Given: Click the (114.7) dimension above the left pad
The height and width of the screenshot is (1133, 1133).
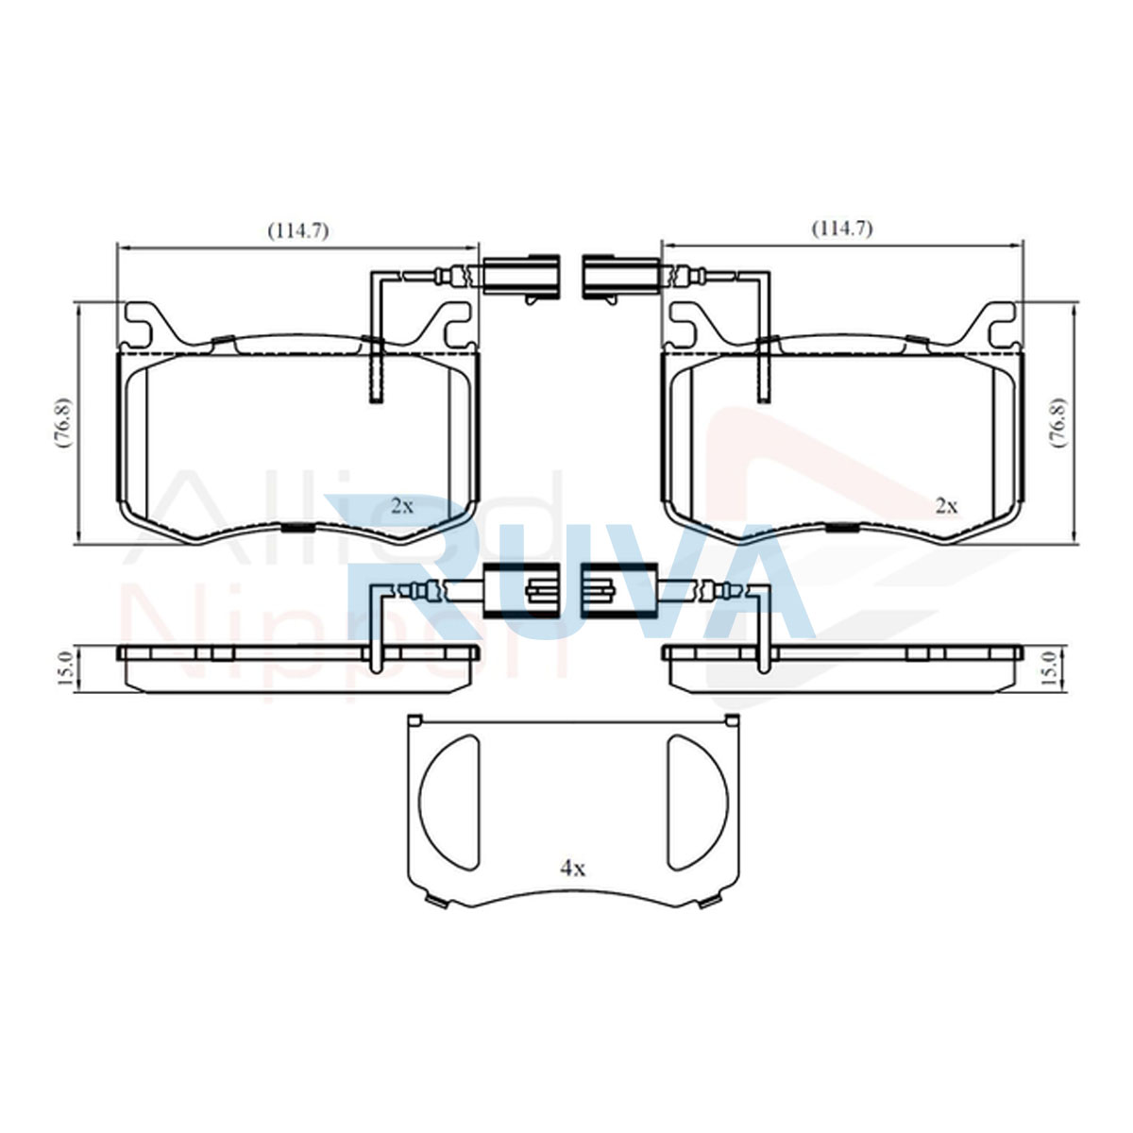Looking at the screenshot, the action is click(x=298, y=231).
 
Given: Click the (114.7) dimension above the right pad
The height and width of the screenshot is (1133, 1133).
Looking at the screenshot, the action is click(x=842, y=228).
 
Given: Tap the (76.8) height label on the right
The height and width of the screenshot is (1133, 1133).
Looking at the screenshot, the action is click(x=1059, y=423).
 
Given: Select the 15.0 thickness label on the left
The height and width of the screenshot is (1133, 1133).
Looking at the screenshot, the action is click(x=65, y=668).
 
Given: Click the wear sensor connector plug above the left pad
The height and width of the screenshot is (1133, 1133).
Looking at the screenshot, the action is click(x=521, y=275).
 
